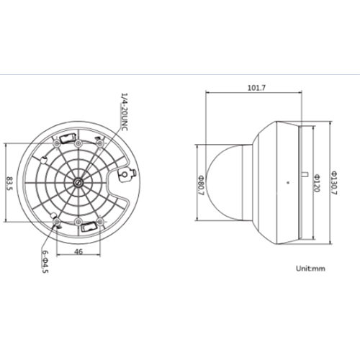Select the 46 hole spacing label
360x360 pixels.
(x=78, y=251)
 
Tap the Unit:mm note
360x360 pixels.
(x=311, y=268)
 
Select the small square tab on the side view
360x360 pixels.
(x=304, y=174)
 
